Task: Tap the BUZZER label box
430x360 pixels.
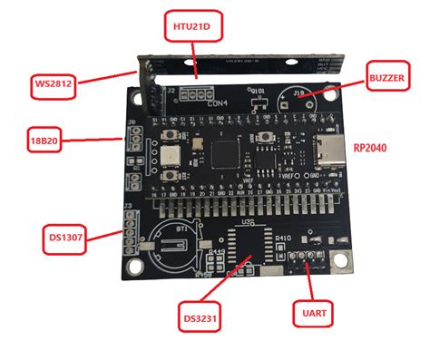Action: click(x=387, y=78)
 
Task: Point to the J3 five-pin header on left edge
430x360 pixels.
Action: click(x=129, y=232)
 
